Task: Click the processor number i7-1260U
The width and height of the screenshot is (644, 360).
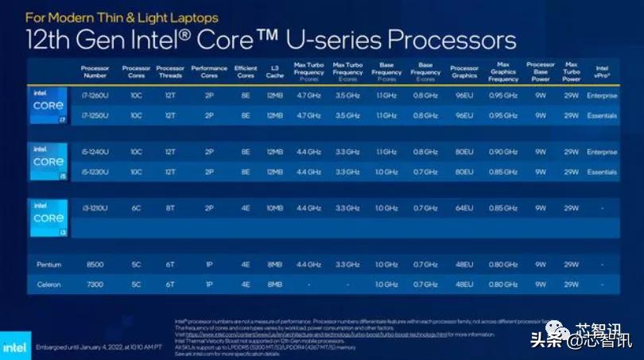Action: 95,95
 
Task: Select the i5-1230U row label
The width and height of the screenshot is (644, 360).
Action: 95,172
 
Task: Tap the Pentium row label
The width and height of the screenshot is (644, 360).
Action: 48,264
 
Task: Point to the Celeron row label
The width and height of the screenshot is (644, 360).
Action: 48,284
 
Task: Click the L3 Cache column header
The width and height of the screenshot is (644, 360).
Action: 274,72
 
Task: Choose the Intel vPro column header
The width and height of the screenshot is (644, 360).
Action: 602,72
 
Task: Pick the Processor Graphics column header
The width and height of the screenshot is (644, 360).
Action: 464,72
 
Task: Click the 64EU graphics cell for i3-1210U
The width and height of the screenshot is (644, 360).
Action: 464,208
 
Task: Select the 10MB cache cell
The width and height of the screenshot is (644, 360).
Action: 274,208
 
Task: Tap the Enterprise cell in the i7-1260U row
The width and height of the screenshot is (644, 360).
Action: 602,95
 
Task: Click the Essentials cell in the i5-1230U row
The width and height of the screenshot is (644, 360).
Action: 602,172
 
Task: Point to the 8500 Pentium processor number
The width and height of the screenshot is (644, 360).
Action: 95,264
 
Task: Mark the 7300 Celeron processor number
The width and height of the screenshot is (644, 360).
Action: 95,284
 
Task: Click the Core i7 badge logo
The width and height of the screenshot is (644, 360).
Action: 48,106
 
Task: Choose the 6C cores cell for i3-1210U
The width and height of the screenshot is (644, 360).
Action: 136,208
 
